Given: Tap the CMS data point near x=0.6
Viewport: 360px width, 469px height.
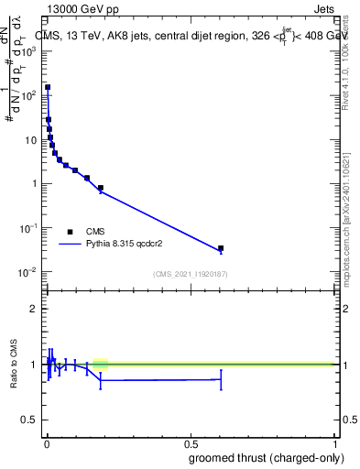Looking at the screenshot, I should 221,248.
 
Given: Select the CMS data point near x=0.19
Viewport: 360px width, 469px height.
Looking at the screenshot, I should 101,188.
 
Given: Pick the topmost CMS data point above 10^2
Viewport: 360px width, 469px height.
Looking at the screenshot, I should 48,88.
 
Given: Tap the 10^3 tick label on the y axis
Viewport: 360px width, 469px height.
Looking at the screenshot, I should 29,52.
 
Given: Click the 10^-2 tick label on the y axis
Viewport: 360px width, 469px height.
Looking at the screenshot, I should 28,272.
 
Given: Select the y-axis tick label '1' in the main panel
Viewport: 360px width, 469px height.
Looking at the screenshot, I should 35,184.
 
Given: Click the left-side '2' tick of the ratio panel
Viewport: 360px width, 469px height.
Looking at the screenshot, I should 35,309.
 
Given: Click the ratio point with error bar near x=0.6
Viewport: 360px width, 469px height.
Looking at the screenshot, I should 221,379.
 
